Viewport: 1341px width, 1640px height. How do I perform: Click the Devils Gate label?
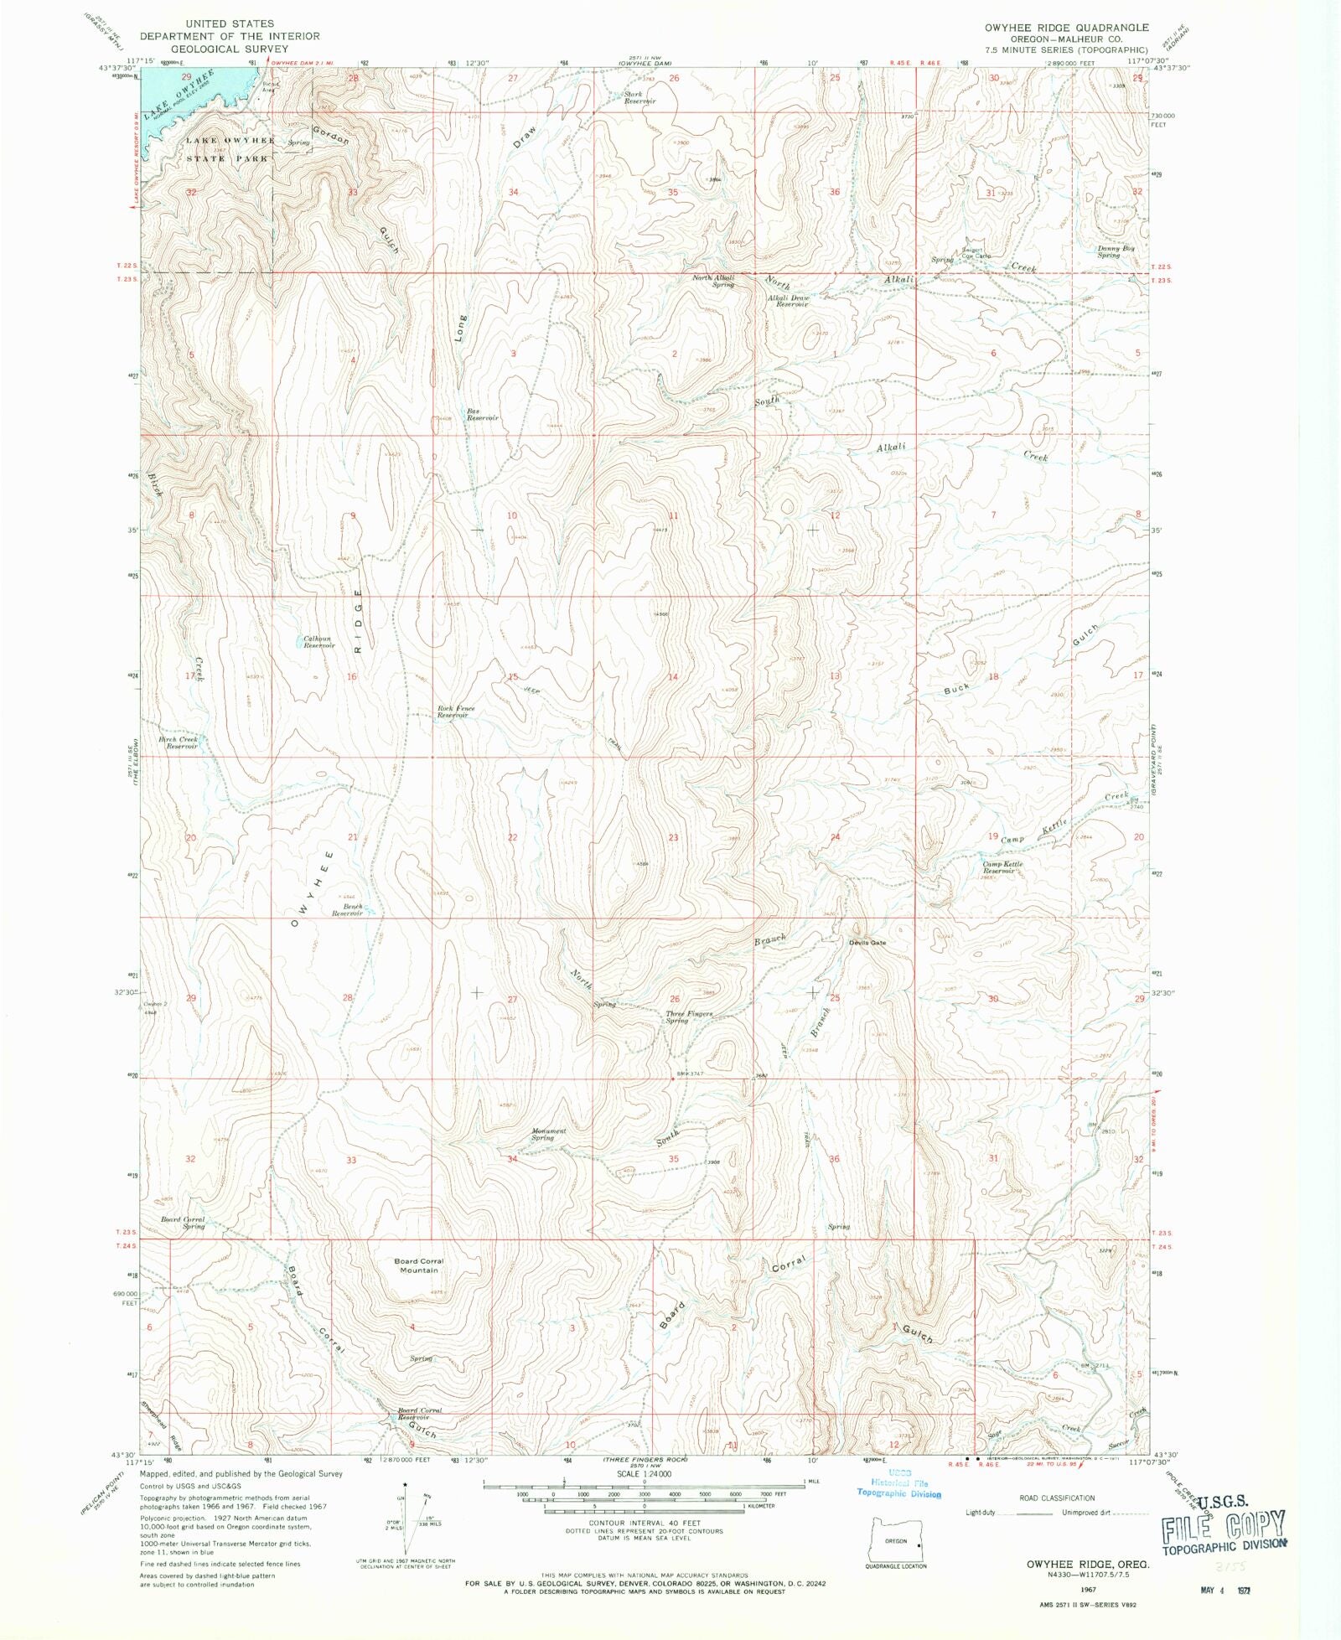867,943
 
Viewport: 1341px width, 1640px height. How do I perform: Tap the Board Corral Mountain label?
419,1265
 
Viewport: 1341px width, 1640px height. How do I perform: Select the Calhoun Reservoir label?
318,642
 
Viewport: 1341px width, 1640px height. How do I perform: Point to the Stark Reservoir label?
639,97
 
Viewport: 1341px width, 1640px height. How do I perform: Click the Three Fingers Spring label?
689,1017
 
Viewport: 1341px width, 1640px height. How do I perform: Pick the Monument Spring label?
548,1134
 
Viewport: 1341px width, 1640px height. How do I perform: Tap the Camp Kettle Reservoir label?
1002,867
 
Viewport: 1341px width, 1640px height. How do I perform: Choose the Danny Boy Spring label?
1116,251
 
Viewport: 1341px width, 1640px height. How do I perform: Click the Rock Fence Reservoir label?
455,711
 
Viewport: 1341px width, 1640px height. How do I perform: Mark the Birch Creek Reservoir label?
179,742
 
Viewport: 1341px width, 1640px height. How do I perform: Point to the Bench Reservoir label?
347,910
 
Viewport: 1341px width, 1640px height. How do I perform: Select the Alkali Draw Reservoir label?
790,301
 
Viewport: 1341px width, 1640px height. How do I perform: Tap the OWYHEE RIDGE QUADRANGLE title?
1066,28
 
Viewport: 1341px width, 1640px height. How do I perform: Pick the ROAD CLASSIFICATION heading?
1056,1498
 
